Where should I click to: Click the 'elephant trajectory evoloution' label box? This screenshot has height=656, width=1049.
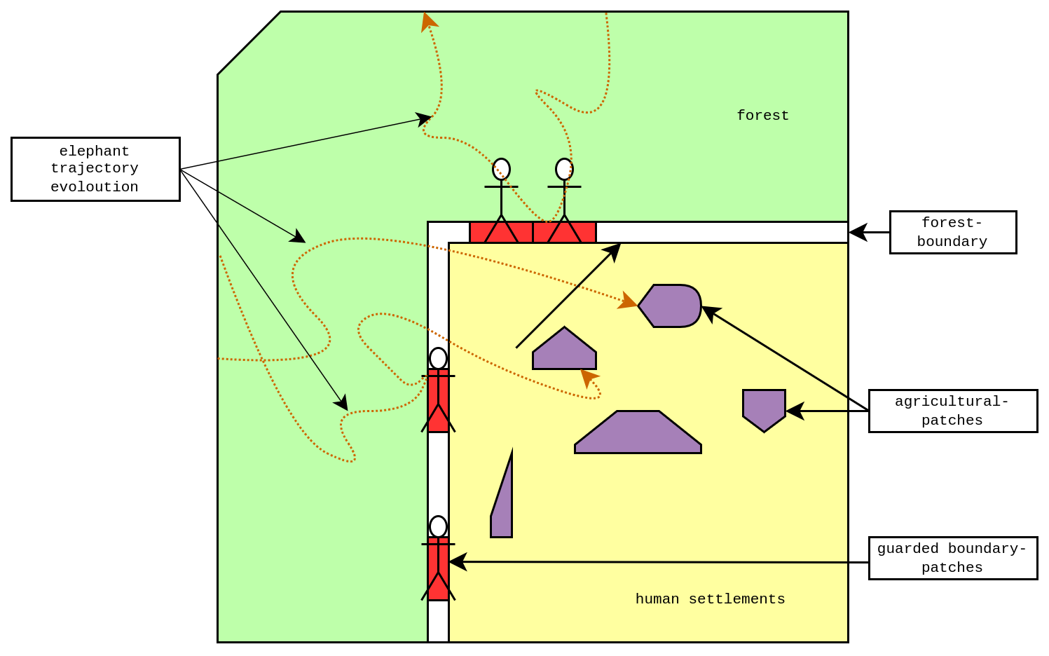95,169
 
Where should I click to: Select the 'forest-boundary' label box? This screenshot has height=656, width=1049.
953,232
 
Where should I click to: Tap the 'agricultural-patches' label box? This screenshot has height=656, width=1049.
953,411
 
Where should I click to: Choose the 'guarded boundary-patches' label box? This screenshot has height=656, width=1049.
953,558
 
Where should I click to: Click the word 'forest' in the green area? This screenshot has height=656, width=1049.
762,115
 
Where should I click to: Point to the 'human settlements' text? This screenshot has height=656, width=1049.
710,599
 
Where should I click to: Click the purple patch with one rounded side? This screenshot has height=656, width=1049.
670,306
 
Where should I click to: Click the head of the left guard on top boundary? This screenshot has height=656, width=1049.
501,169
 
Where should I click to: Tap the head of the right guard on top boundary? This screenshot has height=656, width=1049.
564,169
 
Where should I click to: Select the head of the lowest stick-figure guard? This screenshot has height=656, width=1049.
439,526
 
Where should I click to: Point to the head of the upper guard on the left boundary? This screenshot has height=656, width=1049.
439,358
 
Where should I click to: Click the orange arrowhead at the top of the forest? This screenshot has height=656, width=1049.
428,22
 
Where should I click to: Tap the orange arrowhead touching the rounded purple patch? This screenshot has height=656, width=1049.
628,301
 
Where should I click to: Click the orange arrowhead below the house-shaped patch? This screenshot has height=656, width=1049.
588,378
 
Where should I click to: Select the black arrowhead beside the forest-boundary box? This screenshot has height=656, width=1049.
858,232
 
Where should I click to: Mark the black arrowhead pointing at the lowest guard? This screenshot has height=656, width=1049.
458,561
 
